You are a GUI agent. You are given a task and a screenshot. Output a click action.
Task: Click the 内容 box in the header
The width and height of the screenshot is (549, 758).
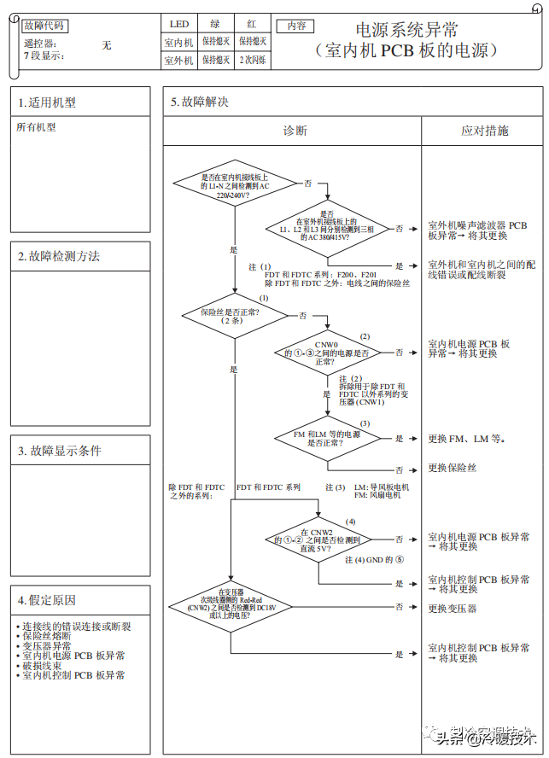pos(295,26)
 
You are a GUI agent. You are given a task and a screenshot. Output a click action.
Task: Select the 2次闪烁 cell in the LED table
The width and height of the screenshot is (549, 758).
pos(252,60)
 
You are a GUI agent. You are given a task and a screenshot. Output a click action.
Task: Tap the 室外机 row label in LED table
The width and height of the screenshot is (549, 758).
pos(178,60)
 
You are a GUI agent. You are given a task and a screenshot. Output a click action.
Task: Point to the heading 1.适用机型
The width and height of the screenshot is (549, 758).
pos(47,102)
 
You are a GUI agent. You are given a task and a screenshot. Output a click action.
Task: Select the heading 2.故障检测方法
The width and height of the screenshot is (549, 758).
pos(59,255)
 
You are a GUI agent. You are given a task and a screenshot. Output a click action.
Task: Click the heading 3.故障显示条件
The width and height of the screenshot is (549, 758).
pos(60,451)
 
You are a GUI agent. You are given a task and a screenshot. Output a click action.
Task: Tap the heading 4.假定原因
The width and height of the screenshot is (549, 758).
pos(47,600)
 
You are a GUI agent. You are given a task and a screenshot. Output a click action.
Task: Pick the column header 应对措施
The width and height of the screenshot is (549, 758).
pos(484,131)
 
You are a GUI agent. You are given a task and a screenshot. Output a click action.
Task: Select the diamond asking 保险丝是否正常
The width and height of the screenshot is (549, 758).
pos(231,315)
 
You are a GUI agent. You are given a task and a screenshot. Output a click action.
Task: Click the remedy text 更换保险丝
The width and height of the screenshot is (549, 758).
pos(452,469)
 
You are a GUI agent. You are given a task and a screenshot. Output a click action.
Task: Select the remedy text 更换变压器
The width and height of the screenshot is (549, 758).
pos(452,608)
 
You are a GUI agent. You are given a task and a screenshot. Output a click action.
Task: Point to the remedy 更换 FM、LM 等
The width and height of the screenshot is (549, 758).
pos(466,438)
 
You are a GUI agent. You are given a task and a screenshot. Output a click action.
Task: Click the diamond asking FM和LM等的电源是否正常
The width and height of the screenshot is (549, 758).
pos(318,437)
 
